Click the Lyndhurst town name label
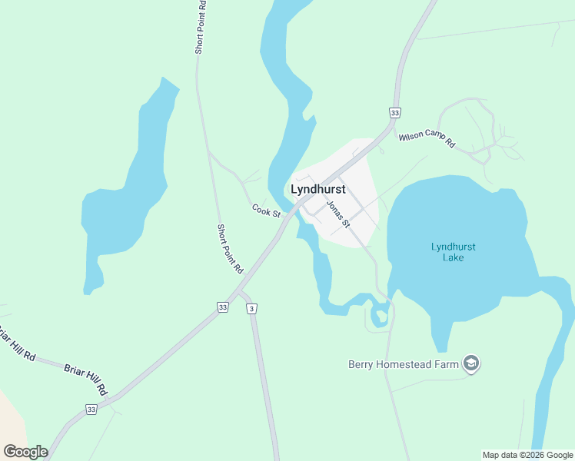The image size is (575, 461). click(x=317, y=189)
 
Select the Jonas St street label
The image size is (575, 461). click(x=338, y=214)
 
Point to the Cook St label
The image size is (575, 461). click(x=266, y=211)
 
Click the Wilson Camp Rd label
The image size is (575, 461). click(x=427, y=141)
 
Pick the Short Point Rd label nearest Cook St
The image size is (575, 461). click(x=229, y=249)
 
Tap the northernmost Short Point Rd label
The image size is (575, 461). click(x=200, y=27)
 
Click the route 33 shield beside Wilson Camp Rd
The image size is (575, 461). click(x=394, y=112)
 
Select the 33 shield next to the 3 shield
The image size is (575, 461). click(x=222, y=307)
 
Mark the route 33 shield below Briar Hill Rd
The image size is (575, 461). click(x=92, y=410)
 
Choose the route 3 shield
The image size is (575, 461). click(x=251, y=308)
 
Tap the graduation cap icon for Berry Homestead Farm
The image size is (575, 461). click(x=471, y=364)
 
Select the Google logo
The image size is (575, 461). click(x=25, y=452)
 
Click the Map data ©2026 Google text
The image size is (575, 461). click(x=527, y=455)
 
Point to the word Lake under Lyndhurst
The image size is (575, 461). click(x=453, y=257)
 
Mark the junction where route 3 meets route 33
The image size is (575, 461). click(x=241, y=291)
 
